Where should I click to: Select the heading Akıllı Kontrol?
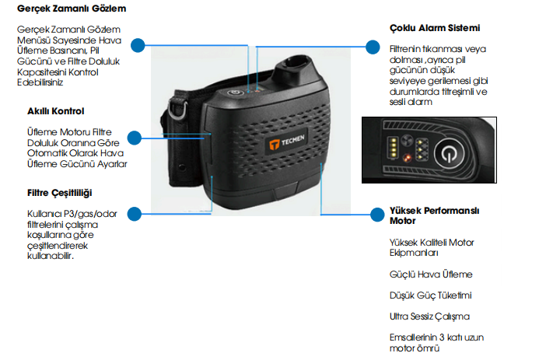coord(55,111)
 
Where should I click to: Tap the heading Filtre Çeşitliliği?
coord(63,191)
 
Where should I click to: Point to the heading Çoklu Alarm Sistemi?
coord(434,27)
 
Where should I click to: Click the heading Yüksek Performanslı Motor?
coord(434,215)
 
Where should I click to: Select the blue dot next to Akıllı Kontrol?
coord(135,138)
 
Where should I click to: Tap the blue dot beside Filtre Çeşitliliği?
coord(135,212)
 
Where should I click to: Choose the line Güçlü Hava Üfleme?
coord(430,274)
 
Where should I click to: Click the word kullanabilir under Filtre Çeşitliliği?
coord(51,257)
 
